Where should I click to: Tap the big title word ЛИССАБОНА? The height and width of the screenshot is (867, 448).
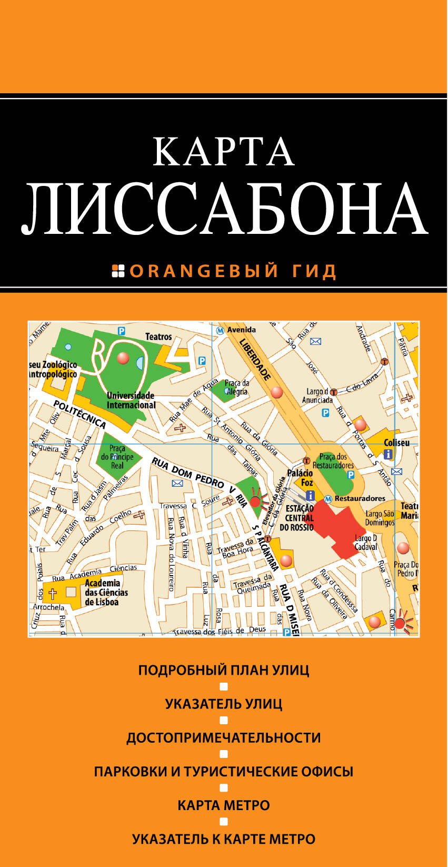224,209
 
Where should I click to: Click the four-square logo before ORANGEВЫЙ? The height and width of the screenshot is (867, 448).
118,271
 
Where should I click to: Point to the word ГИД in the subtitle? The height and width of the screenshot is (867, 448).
314,271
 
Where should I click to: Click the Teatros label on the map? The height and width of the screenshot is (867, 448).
158,337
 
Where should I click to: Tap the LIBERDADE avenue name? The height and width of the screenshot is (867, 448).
255,360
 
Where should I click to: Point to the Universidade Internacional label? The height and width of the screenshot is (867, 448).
131,401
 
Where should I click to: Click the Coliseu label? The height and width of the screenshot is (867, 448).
396,443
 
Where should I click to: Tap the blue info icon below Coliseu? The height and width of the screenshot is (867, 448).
389,454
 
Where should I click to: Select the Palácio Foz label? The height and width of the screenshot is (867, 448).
301,478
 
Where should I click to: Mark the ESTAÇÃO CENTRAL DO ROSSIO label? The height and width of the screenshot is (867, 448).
297,518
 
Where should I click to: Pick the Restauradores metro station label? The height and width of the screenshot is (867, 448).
360,498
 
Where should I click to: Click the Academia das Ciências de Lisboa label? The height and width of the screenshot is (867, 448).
106,593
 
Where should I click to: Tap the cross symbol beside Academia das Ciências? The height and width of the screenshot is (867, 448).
53,594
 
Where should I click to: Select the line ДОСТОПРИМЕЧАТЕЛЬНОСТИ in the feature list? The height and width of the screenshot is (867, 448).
224,738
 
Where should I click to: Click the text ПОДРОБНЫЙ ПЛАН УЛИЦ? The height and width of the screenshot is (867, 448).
224,671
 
